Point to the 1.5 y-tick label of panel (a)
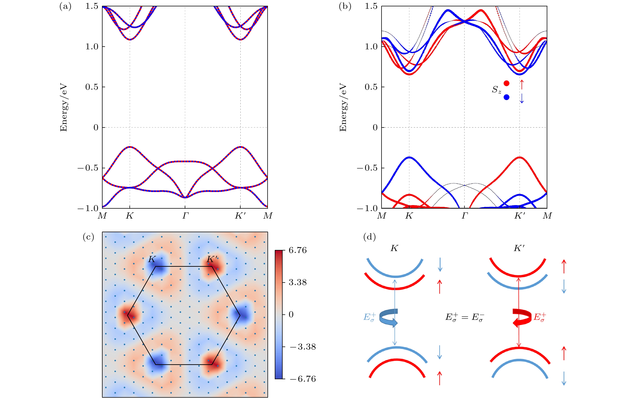(x=92, y=6)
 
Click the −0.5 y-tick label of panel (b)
(x=367, y=168)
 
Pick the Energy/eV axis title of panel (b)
(x=343, y=107)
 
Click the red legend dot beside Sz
(x=506, y=83)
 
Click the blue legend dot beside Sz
(x=506, y=97)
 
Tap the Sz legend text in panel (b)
(x=496, y=90)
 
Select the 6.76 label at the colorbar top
(x=298, y=250)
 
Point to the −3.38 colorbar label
(x=302, y=347)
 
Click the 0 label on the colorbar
(x=291, y=315)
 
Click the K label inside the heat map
(x=152, y=259)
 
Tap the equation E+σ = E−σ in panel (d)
(x=465, y=317)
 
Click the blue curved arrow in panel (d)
(x=389, y=317)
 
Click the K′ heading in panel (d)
(x=519, y=248)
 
